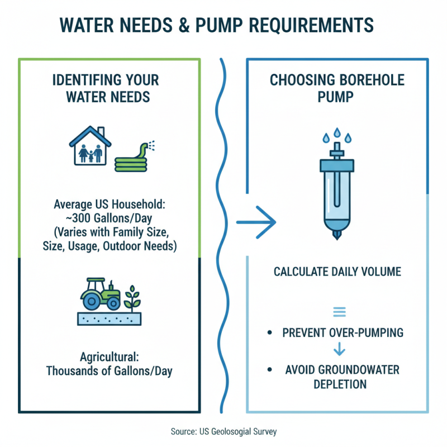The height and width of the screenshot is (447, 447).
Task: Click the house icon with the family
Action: coord(89,146)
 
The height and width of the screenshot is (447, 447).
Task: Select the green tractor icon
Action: coord(101,294)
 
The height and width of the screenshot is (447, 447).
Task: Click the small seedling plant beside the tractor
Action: coord(132,298)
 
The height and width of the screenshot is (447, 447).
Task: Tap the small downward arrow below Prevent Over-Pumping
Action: coord(339,350)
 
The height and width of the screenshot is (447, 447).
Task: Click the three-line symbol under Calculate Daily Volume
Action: coord(339,312)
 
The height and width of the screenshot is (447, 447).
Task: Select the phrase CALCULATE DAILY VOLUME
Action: coord(338,272)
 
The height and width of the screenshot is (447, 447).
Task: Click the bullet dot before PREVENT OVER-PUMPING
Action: coord(270,333)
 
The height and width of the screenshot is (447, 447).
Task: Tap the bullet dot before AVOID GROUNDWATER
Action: coord(270,369)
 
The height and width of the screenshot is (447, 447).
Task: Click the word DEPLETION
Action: coord(340,384)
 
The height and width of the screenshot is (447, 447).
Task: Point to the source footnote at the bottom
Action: coord(223,431)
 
